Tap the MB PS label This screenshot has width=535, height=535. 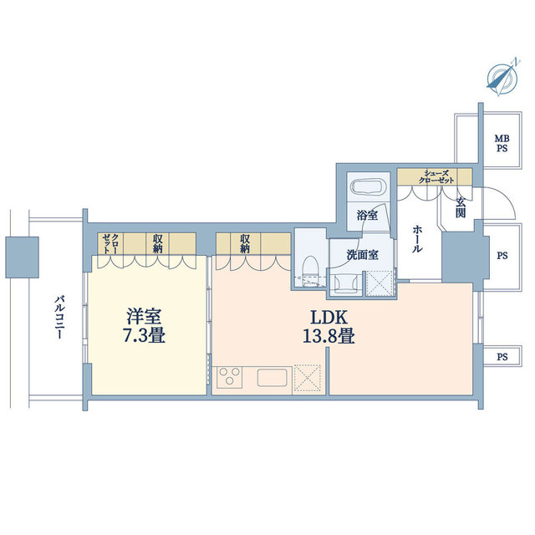pos(502,144)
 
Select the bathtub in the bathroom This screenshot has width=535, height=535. pos(368,187)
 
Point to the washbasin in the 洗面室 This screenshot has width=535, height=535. pos(346,283)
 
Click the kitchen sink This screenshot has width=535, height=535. pos(272,378)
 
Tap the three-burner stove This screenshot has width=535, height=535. pos(229,377)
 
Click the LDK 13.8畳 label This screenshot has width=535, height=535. pos(329,327)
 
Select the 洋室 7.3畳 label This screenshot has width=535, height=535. pos(144,326)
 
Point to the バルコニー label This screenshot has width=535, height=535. pos(59,318)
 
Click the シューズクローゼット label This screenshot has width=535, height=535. pos(436,176)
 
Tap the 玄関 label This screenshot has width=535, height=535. pos(461,208)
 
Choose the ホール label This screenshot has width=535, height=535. pos(416,239)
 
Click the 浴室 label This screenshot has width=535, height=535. pos(367,216)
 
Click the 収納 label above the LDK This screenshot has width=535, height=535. pos(245,243)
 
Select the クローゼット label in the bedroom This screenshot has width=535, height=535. pos(110,243)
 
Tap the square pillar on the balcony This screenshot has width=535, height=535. pos(22,257)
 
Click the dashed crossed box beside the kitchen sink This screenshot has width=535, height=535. pos(307,378)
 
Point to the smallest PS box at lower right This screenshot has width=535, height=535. pos(501,357)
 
